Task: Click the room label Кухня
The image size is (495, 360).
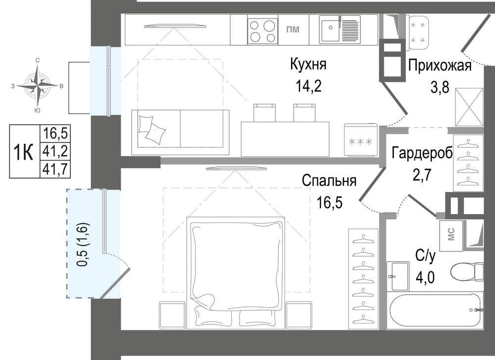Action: (308, 65)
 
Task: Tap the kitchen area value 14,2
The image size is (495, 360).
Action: (308, 86)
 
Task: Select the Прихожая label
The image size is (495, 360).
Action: (440, 66)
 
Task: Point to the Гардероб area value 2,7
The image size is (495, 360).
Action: (422, 175)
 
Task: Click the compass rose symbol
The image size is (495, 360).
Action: (38, 86)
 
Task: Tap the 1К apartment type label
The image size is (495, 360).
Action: (24, 152)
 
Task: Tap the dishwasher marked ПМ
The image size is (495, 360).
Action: (293, 30)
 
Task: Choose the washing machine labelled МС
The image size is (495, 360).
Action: (451, 235)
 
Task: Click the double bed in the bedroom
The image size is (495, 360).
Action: (236, 272)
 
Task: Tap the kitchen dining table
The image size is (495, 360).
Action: (285, 139)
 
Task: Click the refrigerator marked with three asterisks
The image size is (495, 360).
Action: (360, 140)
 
